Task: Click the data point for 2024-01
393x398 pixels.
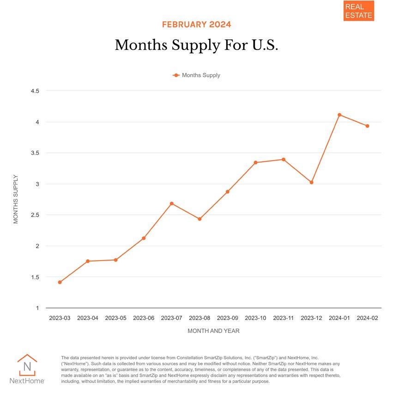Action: tap(339, 115)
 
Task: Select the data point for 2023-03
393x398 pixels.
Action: tap(60, 282)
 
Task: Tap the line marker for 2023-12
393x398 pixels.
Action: tap(312, 182)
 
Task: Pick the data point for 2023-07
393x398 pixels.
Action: tap(172, 204)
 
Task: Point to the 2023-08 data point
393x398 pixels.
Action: tap(200, 219)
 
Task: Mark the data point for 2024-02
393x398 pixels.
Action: tap(368, 126)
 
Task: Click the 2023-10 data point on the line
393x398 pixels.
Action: tap(255, 162)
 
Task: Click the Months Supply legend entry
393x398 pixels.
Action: tap(197, 75)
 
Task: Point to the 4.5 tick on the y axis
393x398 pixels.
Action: tap(35, 91)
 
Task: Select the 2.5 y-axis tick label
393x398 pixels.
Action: tap(35, 215)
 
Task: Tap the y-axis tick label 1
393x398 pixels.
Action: tap(37, 308)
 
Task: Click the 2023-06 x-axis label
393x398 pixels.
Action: tap(144, 318)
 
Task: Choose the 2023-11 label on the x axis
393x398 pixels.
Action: tap(284, 318)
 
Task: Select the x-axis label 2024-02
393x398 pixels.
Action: tap(368, 318)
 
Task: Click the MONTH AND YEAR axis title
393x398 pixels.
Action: tap(213, 331)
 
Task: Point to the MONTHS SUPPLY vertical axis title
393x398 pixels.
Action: tap(16, 199)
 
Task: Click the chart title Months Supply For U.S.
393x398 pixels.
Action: tap(196, 45)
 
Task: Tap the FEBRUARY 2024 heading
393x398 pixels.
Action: tap(196, 25)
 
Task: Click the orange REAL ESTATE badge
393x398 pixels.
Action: tap(358, 11)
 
